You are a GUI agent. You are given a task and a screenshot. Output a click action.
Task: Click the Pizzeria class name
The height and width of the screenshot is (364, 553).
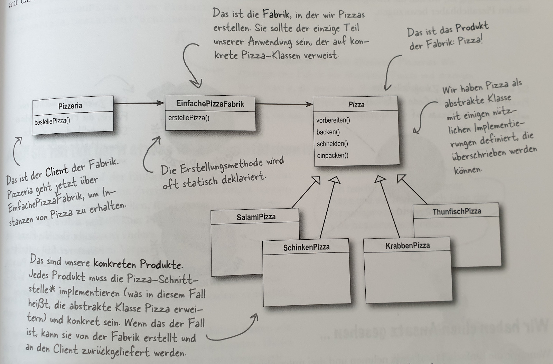point(70,106)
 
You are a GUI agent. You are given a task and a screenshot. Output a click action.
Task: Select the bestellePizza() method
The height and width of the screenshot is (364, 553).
point(52,122)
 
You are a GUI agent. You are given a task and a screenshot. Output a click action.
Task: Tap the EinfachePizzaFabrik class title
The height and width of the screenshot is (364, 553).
point(210,104)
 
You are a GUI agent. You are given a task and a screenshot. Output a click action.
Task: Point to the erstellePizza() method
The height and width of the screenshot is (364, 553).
point(189,118)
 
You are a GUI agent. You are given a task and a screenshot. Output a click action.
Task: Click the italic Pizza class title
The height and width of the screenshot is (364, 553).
point(356,105)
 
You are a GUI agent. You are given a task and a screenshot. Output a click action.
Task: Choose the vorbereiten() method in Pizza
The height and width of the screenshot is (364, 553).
point(333,121)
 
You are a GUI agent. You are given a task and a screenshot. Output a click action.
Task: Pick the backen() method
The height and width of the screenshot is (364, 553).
point(328,132)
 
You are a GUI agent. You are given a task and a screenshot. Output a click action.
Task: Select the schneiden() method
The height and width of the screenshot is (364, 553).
point(332,144)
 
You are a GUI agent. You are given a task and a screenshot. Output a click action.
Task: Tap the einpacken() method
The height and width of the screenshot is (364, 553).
point(332,155)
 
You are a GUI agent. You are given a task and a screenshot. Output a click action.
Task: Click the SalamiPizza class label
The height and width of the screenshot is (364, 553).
point(256,217)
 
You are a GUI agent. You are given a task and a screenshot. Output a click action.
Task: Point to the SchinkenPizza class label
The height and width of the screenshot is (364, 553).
point(306,247)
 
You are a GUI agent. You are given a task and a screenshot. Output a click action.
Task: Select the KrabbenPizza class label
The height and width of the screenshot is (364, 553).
point(407,246)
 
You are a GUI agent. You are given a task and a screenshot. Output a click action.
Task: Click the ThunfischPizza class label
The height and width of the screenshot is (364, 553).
point(457,211)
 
